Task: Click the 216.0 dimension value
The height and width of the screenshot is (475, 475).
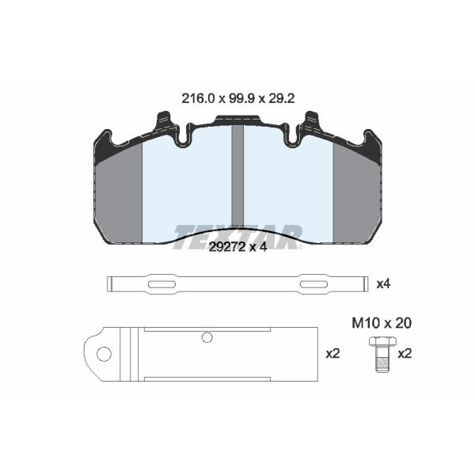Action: click(198, 98)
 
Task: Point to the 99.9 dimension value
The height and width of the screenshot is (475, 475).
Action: click(241, 98)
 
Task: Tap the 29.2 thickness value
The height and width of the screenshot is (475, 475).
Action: click(282, 98)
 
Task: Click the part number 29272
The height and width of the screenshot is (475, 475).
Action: click(227, 247)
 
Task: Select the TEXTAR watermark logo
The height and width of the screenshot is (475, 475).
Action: click(238, 237)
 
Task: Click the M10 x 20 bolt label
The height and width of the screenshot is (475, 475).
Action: click(382, 323)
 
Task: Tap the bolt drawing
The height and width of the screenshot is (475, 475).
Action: click(382, 355)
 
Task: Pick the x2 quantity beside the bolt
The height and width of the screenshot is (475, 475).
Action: click(405, 354)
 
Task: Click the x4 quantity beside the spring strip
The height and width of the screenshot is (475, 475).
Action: click(383, 284)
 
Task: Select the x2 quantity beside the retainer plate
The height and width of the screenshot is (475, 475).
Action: click(332, 354)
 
